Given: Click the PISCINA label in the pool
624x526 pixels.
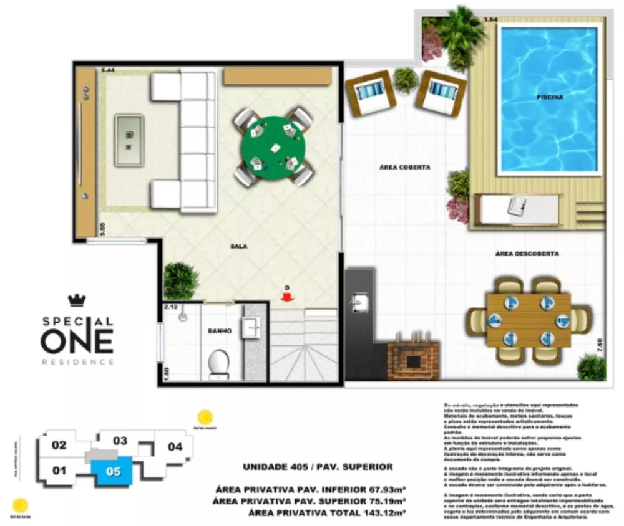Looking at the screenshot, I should (549, 97).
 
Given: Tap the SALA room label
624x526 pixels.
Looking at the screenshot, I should (238, 246).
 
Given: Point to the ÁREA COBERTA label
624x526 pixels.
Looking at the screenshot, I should (406, 168).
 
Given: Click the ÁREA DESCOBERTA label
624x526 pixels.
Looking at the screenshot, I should (527, 254).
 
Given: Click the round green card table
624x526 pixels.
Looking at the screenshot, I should (273, 147).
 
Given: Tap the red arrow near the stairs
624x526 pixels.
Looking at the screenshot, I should (287, 297).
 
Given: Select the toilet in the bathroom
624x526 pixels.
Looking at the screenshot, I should (218, 363).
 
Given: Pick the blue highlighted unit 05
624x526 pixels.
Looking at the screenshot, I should (113, 471).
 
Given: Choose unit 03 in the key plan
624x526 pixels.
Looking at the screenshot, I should (120, 441).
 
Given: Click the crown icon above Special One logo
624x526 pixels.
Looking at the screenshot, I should (76, 300).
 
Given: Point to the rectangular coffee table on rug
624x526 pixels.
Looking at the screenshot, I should (129, 140).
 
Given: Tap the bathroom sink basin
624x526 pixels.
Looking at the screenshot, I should (252, 326).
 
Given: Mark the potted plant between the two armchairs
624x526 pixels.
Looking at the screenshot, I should (406, 80).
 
